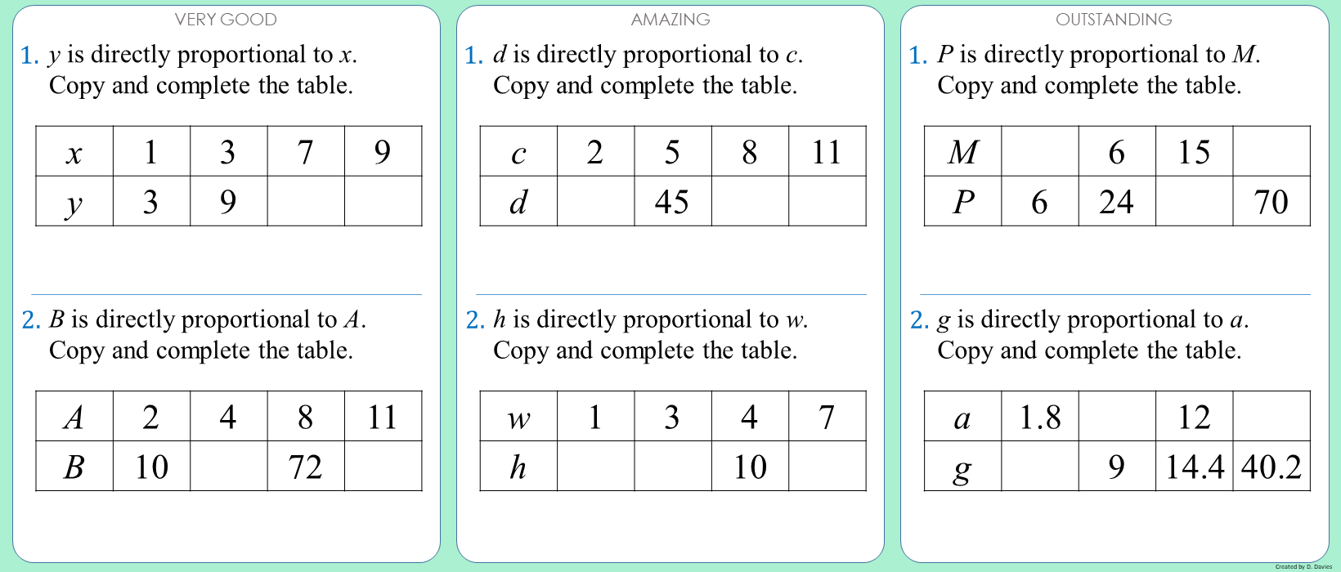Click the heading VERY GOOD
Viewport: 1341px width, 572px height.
point(226,20)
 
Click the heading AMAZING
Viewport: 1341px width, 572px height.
point(670,20)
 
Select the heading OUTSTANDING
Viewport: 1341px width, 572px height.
point(1115,20)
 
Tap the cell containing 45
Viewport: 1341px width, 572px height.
point(673,201)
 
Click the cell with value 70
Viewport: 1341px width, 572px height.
point(1271,201)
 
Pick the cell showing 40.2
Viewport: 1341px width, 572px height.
point(1271,466)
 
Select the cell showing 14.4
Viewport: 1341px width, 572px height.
point(1195,466)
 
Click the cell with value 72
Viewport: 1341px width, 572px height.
point(306,466)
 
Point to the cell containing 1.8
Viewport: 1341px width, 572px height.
point(1040,417)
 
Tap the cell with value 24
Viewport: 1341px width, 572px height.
point(1117,201)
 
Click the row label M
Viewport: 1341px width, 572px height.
point(962,151)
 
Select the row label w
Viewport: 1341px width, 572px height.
point(518,417)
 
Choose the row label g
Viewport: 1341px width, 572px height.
point(962,466)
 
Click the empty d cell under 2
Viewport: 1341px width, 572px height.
point(595,201)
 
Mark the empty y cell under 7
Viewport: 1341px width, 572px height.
point(306,201)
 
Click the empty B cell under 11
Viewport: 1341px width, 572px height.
point(383,466)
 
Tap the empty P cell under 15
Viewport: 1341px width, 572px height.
point(1195,201)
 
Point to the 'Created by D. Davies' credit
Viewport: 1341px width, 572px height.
point(1303,566)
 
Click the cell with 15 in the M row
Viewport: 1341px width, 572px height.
point(1195,151)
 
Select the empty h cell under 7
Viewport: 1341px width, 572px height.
point(827,466)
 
